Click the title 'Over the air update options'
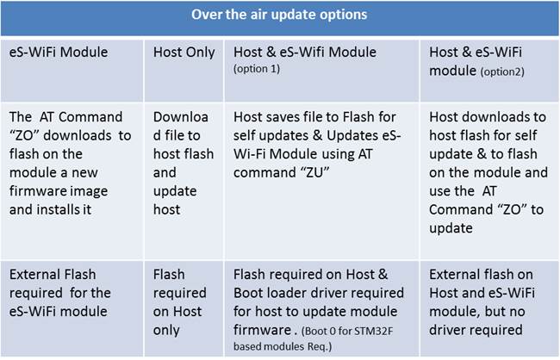click(x=279, y=15)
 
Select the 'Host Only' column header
click(x=184, y=53)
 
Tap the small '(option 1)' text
click(x=257, y=69)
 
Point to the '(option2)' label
click(x=502, y=71)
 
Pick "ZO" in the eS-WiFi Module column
click(x=24, y=135)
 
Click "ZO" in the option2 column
click(x=512, y=209)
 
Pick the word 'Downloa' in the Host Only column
click(x=181, y=117)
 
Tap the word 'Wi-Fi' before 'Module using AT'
click(x=250, y=154)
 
